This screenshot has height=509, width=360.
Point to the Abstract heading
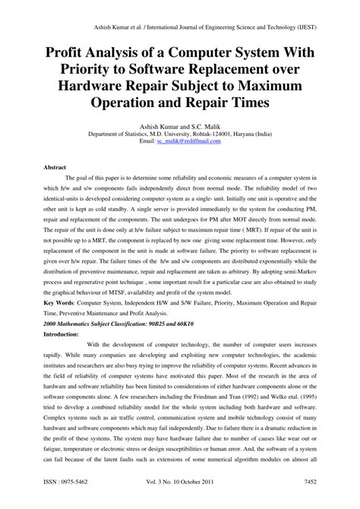pos(55,166)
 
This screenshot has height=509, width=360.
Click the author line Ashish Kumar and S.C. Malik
pos(179,125)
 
